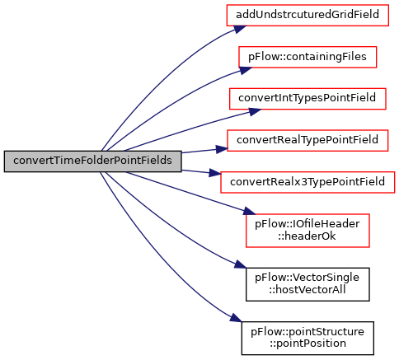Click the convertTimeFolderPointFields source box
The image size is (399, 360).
pos(92,161)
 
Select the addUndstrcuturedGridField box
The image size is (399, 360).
pos(307,16)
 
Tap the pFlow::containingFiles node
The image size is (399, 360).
pos(307,57)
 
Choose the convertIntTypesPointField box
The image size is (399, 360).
pos(307,99)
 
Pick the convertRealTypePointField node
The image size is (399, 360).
pos(307,141)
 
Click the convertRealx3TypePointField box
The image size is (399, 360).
pos(307,182)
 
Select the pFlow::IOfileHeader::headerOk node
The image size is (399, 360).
pos(307,231)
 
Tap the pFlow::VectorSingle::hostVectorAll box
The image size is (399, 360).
pos(307,284)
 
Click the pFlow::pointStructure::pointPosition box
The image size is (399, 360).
pos(307,339)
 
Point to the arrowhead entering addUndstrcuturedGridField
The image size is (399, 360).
pos(240,29)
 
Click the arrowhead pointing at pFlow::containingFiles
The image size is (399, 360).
pos(246,70)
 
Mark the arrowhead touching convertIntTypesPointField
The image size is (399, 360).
pos(255,111)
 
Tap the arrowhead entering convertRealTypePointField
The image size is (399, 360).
pos(222,149)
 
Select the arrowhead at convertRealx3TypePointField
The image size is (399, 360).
pos(215,173)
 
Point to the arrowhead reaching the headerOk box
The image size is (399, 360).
pos(250,212)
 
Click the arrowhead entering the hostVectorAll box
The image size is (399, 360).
pos(241,265)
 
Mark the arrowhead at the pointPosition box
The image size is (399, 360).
pos(237,319)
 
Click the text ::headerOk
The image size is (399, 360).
pos(307,236)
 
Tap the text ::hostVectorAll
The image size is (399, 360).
pos(307,290)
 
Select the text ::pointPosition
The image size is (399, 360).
pos(307,344)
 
